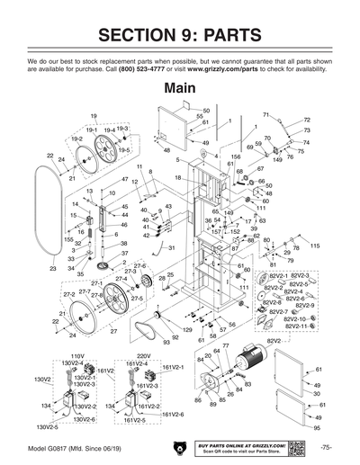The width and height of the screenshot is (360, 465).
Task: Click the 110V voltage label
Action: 76,356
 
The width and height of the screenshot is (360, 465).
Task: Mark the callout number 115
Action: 315,246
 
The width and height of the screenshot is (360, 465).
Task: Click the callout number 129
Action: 187,331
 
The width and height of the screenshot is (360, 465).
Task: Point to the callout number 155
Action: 68,240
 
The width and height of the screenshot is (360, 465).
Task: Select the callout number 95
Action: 318,428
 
